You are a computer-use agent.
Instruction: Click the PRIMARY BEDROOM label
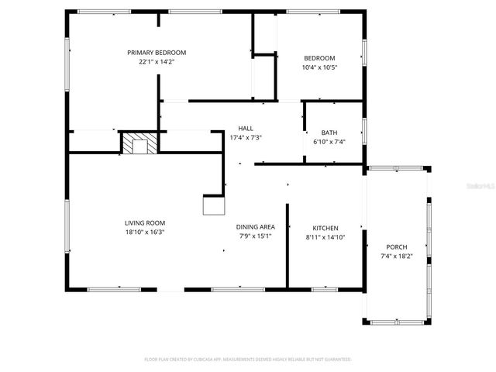click(157, 53)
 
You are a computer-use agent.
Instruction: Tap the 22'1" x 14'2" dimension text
click(157, 61)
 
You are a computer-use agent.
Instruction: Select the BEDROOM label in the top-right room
click(319, 58)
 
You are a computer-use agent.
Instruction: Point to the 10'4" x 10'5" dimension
click(319, 67)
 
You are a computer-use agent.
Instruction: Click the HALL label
click(246, 129)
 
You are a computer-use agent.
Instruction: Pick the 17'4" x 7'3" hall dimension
click(246, 138)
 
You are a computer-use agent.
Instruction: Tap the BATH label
click(329, 133)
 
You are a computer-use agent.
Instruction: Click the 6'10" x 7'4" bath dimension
click(329, 142)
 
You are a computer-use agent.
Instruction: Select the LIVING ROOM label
click(146, 222)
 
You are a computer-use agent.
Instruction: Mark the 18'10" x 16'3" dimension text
click(146, 232)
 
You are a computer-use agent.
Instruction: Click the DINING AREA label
click(256, 227)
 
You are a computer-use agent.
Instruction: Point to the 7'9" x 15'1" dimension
click(256, 236)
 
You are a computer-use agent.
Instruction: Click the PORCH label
click(396, 247)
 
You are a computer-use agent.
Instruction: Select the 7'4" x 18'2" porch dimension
click(396, 257)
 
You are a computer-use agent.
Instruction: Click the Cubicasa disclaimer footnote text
click(248, 360)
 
